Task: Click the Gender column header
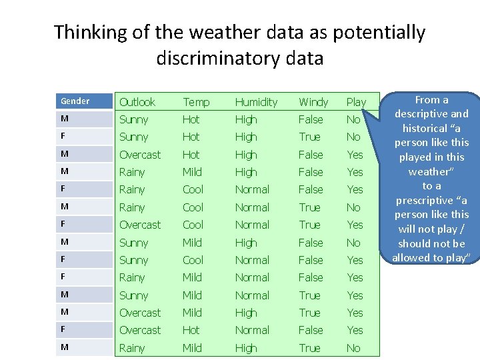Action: pyautogui.click(x=75, y=101)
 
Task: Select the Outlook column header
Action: pyautogui.click(x=137, y=102)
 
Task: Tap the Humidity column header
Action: pyautogui.click(x=256, y=102)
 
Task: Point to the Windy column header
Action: pyautogui.click(x=313, y=102)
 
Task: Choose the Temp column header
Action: pyautogui.click(x=196, y=102)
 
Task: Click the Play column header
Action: pyautogui.click(x=356, y=102)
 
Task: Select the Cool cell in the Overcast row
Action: pyautogui.click(x=193, y=225)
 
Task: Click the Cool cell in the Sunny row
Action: pyautogui.click(x=193, y=260)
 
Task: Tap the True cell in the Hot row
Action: pyautogui.click(x=309, y=137)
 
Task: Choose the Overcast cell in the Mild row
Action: pyautogui.click(x=140, y=313)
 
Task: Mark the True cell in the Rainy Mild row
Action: pyautogui.click(x=309, y=348)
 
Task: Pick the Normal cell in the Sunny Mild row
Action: pyautogui.click(x=252, y=295)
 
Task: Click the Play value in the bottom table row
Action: pyautogui.click(x=353, y=348)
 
